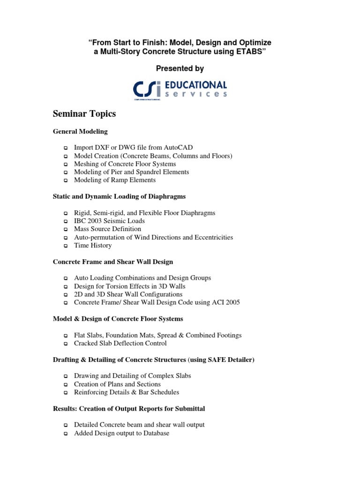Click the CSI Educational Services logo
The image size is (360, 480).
(180, 90)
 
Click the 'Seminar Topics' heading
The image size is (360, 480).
(84, 114)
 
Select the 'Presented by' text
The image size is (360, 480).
(180, 68)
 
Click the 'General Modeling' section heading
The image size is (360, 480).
(80, 131)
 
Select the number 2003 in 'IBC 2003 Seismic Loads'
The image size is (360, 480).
(97, 221)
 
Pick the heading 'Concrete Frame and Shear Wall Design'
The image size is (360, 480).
(113, 262)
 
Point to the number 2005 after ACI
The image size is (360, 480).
(231, 302)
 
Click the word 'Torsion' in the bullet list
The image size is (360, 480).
(122, 286)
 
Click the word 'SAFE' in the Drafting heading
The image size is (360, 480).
(213, 360)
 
